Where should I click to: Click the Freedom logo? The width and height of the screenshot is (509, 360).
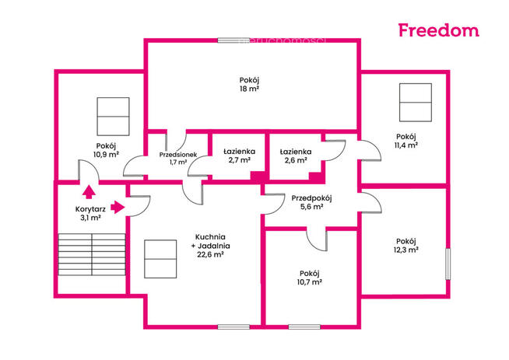click(438, 30)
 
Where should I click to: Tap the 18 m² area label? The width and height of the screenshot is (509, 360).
click(249, 89)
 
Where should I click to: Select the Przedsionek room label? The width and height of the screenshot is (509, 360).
click(178, 155)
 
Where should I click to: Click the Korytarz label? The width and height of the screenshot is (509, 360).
click(90, 209)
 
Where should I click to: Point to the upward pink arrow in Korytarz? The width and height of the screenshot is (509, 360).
click(89, 192)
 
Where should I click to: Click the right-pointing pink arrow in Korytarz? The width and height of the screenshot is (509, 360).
click(118, 207)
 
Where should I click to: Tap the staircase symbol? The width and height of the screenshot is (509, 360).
click(92, 254)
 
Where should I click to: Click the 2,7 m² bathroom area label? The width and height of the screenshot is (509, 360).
click(239, 160)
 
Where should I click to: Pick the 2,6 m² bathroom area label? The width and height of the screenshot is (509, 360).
click(296, 160)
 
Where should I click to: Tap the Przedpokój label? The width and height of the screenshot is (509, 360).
click(311, 198)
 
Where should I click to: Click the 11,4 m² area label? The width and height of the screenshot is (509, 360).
click(405, 145)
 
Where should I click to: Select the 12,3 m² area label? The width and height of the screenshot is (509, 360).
click(405, 250)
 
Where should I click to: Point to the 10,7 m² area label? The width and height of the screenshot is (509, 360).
click(309, 282)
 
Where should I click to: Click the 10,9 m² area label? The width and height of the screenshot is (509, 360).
click(106, 155)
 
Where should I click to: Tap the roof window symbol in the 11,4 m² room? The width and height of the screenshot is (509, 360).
click(416, 103)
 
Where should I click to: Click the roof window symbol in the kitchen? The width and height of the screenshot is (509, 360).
click(160, 259)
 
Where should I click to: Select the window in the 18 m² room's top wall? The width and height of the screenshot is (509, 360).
click(233, 40)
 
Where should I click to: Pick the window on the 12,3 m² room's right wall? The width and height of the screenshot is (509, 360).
click(448, 264)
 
